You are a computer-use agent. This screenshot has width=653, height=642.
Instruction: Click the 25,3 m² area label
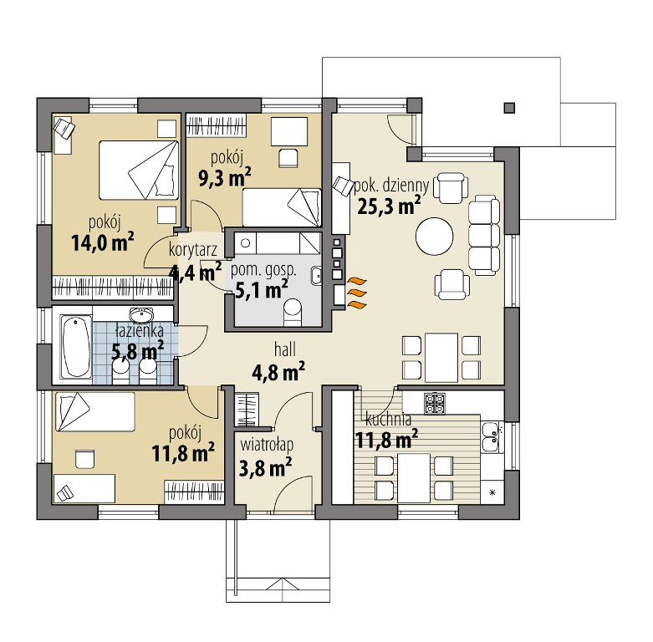pos(389,206)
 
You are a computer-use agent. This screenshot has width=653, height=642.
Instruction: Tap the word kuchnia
pos(389,420)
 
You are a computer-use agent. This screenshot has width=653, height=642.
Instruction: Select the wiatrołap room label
pos(267,445)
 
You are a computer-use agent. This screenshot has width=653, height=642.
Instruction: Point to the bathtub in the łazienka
pos(76,347)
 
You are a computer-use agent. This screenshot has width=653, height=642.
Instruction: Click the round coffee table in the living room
pos(435,237)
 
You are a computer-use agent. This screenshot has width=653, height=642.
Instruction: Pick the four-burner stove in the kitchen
pos(435,404)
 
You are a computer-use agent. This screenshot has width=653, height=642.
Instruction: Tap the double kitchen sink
pos(490,437)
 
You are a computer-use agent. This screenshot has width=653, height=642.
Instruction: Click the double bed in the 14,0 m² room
pos(139,170)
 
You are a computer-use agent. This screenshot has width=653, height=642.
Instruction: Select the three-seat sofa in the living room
pos(484,236)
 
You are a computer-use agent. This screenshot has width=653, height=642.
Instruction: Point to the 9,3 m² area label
pos(225,177)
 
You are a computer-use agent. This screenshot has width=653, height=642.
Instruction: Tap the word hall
pos(285,349)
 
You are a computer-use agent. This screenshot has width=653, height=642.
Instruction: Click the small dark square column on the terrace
pos(509,108)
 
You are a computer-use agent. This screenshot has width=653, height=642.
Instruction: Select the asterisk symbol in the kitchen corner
pos(492,493)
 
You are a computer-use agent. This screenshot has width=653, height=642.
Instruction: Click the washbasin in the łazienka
pos(141,315)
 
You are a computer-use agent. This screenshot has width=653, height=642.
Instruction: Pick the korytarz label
pos(193,250)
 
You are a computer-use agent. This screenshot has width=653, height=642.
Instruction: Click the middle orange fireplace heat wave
pos(357,293)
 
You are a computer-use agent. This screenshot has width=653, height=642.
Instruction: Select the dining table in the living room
pos(441,358)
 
